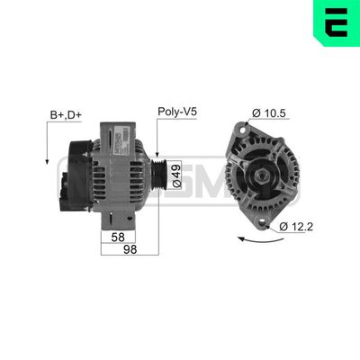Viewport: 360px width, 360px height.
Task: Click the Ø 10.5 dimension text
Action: pos(269,112)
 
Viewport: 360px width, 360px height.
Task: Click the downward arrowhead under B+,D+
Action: pos(46,159)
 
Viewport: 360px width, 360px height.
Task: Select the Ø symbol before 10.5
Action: pos(256,112)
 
